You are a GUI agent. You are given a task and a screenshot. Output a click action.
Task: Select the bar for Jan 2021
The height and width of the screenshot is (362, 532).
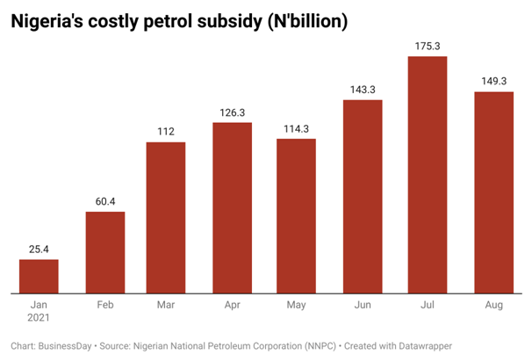(39, 276)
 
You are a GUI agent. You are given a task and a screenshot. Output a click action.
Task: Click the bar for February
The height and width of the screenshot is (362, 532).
(104, 252)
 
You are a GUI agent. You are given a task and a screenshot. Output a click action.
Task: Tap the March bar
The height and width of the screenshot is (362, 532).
(165, 217)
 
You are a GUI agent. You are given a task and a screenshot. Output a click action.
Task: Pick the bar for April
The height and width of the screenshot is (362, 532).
(232, 207)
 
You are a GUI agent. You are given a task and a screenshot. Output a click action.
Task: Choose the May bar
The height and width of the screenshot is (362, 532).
(296, 215)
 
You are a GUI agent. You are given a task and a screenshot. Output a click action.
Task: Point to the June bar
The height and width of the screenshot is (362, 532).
(362, 196)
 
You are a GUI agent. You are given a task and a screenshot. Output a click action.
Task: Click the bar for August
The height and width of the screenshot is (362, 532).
(493, 192)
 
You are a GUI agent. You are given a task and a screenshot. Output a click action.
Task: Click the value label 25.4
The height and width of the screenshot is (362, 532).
(39, 250)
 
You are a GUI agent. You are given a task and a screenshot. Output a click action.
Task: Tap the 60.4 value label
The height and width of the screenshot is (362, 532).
(104, 201)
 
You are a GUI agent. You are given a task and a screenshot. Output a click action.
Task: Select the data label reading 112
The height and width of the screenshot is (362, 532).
(165, 131)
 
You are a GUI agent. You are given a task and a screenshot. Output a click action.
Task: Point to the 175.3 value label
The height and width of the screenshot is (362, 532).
(428, 46)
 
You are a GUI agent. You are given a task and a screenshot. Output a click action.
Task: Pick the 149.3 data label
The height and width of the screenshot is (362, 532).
(493, 81)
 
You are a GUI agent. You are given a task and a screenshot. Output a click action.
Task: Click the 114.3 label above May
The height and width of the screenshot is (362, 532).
(296, 128)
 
